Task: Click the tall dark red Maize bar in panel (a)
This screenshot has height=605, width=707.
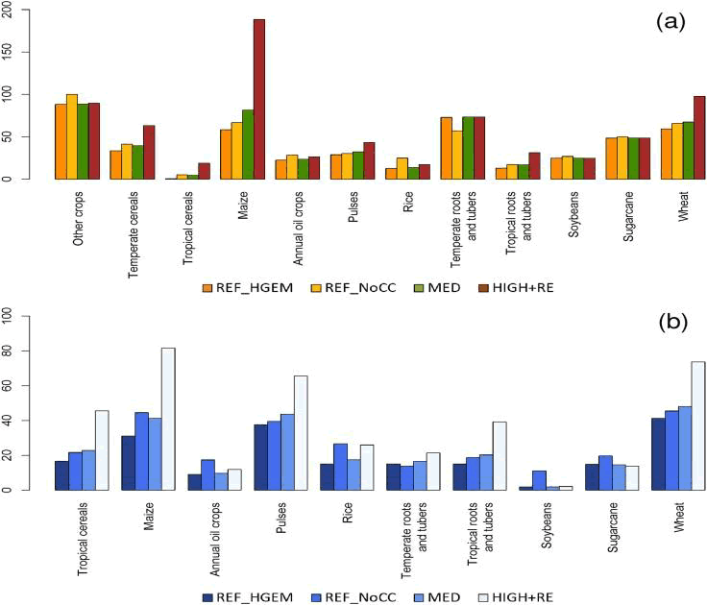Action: coord(259,99)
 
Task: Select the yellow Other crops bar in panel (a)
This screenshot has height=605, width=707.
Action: coord(72,137)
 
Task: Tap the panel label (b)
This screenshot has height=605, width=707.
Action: coord(669,325)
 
